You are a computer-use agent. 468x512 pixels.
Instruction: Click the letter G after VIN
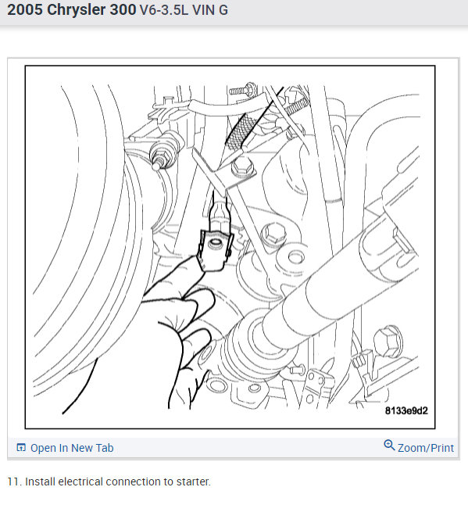(223, 13)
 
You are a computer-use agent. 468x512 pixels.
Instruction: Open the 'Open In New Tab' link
(71, 448)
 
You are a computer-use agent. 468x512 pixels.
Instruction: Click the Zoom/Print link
(425, 448)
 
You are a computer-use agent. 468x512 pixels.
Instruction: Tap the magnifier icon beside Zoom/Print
(389, 446)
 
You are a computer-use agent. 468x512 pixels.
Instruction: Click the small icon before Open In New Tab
(21, 448)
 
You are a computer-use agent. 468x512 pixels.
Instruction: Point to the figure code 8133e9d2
(406, 410)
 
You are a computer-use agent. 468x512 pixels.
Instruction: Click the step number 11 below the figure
(13, 482)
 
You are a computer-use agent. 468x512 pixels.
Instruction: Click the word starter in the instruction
(192, 482)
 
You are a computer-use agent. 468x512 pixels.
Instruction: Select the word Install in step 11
(40, 482)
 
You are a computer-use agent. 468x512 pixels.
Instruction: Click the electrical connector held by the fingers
(213, 249)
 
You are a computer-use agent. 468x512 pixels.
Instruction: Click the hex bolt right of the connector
(273, 232)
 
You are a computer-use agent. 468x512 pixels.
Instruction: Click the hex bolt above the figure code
(387, 341)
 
